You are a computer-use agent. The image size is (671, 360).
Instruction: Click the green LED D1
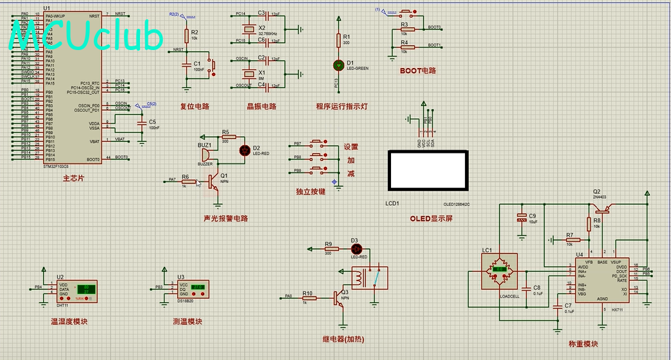338,65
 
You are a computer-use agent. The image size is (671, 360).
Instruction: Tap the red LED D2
245,150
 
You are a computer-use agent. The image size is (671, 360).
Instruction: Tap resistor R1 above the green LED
338,40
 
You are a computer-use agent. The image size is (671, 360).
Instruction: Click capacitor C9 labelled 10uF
521,218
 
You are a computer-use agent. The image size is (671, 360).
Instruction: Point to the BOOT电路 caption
417,71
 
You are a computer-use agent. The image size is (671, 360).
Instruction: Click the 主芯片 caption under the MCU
73,178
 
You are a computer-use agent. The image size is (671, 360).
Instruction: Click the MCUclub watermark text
87,37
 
